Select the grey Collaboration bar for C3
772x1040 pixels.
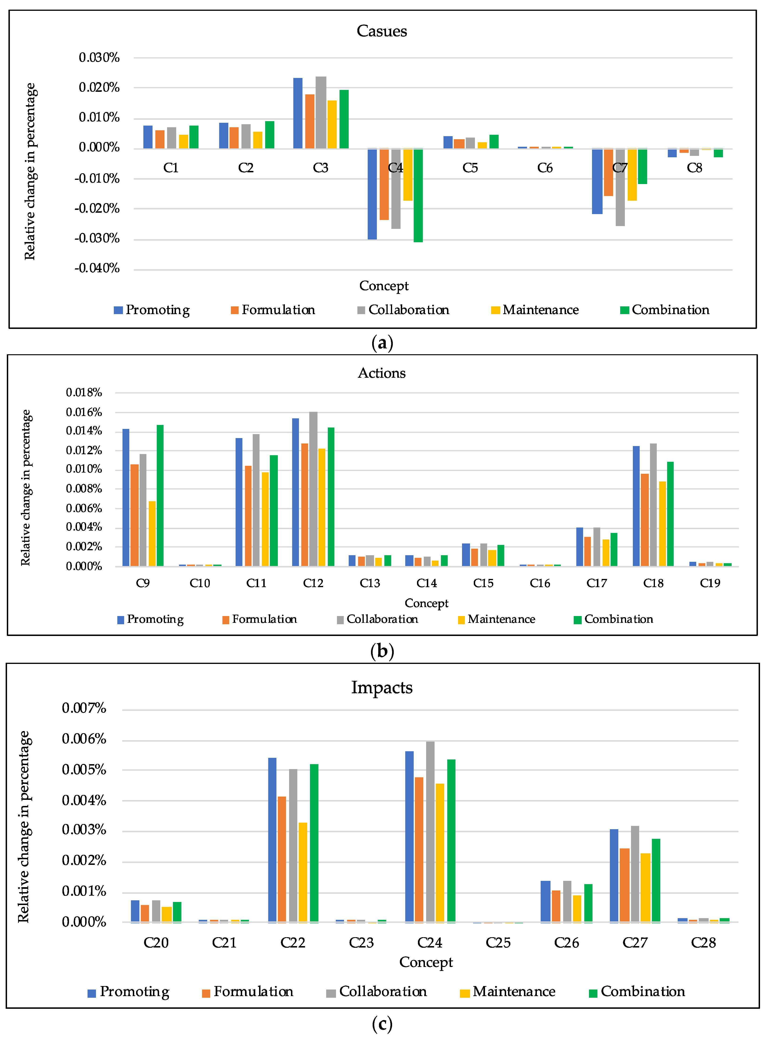[321, 113]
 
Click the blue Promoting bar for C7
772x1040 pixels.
[597, 181]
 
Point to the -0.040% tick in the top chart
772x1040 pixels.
[97, 268]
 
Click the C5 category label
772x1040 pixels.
[470, 168]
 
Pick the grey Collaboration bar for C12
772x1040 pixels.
[313, 489]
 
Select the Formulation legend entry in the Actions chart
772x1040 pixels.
[260, 619]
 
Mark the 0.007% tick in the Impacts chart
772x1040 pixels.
[84, 708]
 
